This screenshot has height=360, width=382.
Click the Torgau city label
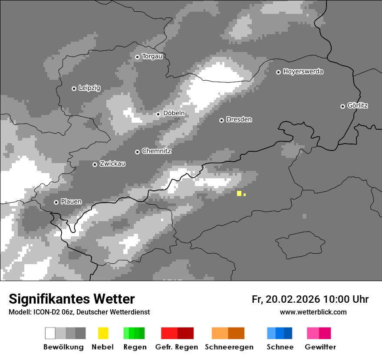[x=152, y=56]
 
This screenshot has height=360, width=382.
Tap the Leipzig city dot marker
[x=74, y=88]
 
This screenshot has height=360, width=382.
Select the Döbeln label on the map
[x=174, y=113]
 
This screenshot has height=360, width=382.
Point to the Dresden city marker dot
[x=221, y=120]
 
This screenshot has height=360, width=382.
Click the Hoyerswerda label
[x=303, y=72]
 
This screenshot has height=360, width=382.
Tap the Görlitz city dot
[x=342, y=106]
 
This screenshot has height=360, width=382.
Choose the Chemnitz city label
[x=156, y=151]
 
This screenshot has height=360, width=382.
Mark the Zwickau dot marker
[x=95, y=164]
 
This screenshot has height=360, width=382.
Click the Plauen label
[x=71, y=202]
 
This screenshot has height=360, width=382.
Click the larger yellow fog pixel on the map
[x=239, y=193]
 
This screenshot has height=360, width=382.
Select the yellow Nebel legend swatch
[x=103, y=333]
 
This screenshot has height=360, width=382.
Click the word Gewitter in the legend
[x=320, y=347]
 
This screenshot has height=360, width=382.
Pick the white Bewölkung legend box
[x=50, y=333]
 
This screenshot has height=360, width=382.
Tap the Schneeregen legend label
[x=229, y=347]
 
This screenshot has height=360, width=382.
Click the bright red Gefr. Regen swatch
[x=169, y=333]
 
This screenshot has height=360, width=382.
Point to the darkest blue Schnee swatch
[x=288, y=333]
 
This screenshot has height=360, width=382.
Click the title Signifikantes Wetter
[x=72, y=299]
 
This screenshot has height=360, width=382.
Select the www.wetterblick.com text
[x=313, y=312]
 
